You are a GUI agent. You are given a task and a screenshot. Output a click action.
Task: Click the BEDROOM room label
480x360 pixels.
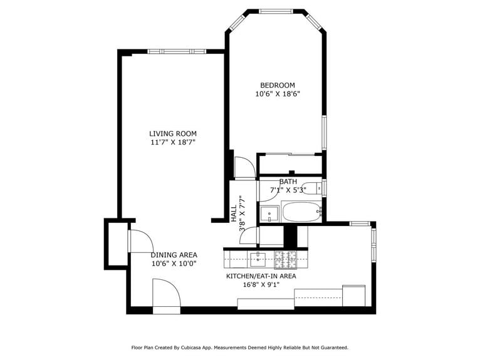click(277, 85)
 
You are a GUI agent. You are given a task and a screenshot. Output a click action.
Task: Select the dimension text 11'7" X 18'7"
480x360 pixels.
click(173, 143)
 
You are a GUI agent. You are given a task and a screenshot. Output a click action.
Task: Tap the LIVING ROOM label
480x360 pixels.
click(173, 133)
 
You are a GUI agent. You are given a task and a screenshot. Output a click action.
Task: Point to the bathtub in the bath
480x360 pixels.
click(301, 212)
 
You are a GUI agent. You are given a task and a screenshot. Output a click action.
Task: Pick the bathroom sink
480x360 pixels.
click(269, 213)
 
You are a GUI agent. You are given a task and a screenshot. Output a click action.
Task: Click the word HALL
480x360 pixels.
click(234, 213)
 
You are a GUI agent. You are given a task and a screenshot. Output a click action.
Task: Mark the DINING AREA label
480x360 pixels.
click(174, 255)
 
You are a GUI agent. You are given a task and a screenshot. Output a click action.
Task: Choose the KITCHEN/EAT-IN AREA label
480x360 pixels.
click(261, 275)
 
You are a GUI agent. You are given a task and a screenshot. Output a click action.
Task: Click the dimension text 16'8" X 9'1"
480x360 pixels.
click(261, 285)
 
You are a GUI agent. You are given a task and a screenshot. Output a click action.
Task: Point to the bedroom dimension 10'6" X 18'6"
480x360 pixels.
click(277, 95)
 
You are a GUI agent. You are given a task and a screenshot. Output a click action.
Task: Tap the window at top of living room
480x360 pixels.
click(176, 51)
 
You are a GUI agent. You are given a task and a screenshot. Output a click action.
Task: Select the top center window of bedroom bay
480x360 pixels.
click(276, 11)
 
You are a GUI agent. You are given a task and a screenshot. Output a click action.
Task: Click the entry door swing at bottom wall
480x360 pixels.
click(166, 296)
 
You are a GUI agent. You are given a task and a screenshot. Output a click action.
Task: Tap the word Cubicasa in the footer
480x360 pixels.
click(194, 347)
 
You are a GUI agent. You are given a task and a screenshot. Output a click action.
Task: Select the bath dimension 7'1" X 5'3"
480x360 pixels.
click(288, 190)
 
